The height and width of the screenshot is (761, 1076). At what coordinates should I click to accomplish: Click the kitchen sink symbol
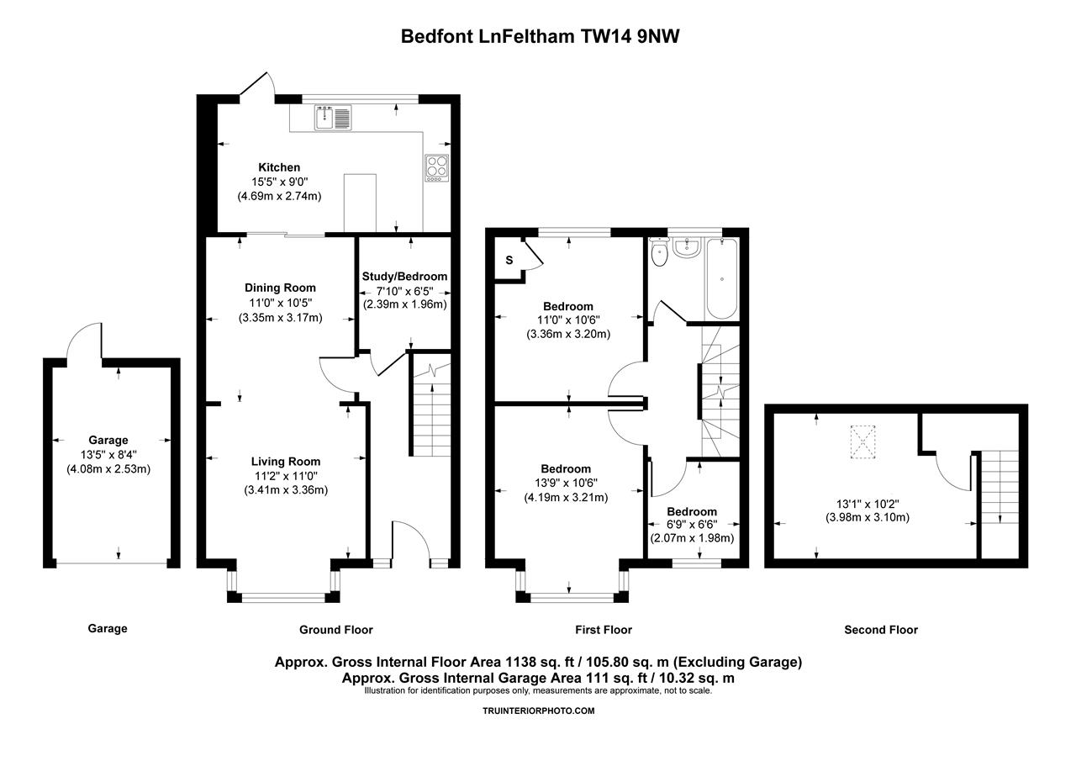(x=333, y=118)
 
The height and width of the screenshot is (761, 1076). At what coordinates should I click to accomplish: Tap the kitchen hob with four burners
(x=437, y=166)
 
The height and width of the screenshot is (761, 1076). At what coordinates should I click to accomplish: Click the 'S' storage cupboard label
(x=509, y=260)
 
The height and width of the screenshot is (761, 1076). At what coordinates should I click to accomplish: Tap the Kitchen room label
(x=279, y=167)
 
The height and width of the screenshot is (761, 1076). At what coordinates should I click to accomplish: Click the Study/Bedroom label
(x=404, y=277)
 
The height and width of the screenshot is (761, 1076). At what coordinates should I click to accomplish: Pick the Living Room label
(x=286, y=462)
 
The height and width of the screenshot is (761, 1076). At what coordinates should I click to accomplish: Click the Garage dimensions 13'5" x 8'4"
(x=108, y=454)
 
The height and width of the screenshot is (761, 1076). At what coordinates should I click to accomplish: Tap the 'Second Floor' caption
(x=881, y=630)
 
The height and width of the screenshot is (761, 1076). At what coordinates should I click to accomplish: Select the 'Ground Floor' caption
(x=336, y=630)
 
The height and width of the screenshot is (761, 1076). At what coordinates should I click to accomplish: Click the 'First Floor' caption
(x=603, y=630)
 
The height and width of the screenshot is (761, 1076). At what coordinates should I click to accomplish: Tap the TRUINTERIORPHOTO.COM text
(x=538, y=711)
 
